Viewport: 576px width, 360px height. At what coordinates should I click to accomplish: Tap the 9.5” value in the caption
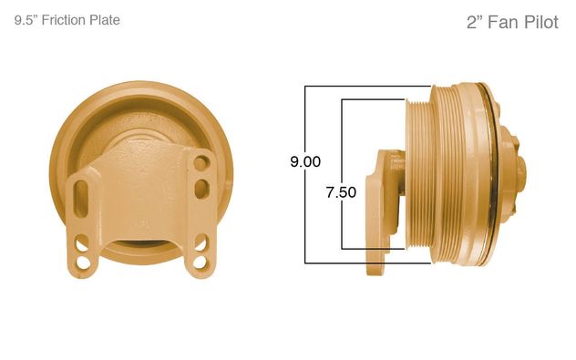point(27,19)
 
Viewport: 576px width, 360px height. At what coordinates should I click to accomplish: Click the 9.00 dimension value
point(305,162)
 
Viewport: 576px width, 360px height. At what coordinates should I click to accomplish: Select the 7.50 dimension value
point(341,192)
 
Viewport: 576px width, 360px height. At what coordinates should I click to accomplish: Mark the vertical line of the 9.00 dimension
point(305,219)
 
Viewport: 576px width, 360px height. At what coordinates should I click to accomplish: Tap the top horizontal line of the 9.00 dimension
point(365,87)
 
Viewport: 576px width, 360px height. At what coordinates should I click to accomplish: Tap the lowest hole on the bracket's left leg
point(83,262)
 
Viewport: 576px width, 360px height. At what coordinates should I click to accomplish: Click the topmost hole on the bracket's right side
point(200,164)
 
